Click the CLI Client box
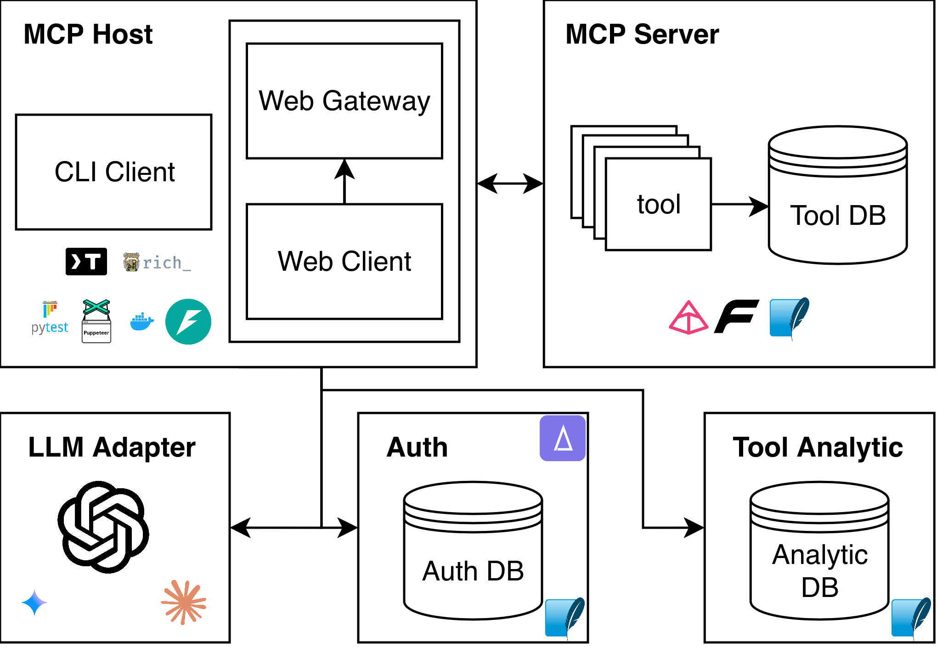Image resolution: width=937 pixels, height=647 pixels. click(113, 172)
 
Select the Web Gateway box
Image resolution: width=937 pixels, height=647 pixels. click(344, 101)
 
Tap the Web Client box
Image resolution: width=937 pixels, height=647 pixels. click(344, 262)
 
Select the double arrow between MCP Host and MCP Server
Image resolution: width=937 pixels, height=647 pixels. click(510, 184)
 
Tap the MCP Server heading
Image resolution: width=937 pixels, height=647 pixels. click(642, 34)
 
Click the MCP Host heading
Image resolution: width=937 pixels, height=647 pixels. click(88, 34)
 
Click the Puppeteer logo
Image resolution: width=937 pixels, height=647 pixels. click(96, 321)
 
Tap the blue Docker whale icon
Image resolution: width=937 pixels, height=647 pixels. click(141, 322)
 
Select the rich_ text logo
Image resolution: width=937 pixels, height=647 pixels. click(158, 262)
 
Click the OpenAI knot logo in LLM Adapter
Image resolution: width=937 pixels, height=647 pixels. click(103, 527)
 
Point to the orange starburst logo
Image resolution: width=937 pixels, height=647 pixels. click(184, 602)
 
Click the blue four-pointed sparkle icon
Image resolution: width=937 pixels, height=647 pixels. click(34, 602)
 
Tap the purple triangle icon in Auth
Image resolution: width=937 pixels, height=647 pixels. click(563, 438)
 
